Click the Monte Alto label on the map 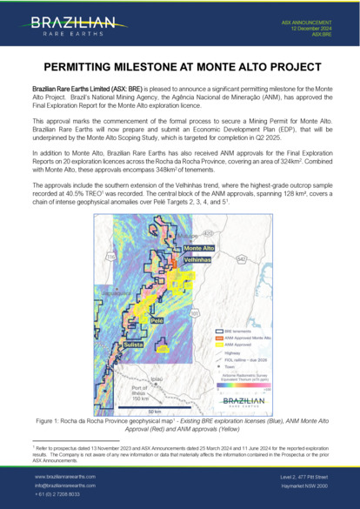[198, 249]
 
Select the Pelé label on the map [157, 320]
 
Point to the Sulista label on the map [133, 345]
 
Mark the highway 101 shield [194, 312]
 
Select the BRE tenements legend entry [229, 331]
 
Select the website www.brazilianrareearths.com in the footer [65, 477]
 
